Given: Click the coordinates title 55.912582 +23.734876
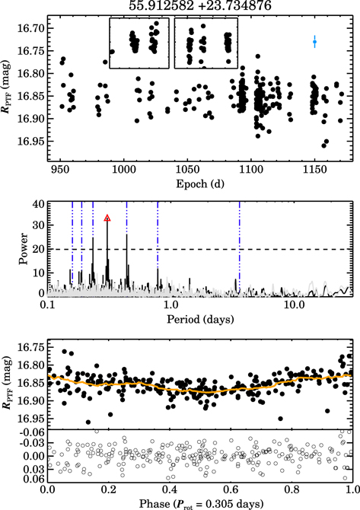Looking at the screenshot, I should tap(199, 7).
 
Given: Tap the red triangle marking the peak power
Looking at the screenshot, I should tap(107, 218).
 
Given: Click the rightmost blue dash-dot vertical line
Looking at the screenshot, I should tap(239, 247).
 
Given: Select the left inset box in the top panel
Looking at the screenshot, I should tap(139, 43).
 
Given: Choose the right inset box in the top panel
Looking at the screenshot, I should tap(206, 43).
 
